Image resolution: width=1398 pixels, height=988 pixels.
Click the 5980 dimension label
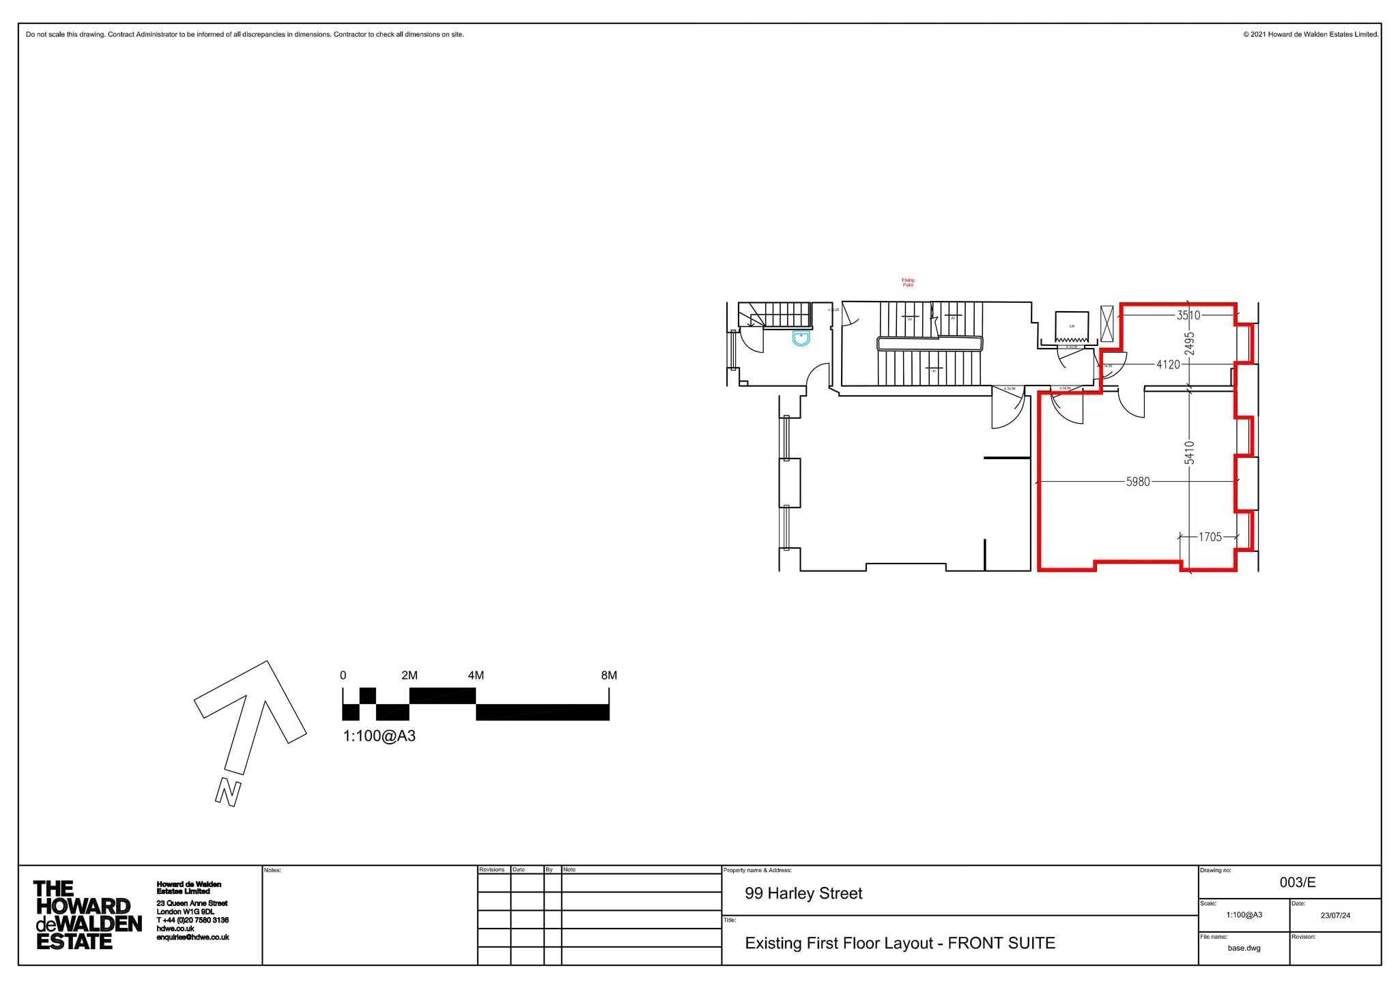pyautogui.click(x=1138, y=482)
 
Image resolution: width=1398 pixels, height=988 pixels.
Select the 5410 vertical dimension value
pyautogui.click(x=1190, y=453)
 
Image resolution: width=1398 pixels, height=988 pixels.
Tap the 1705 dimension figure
pyautogui.click(x=1210, y=537)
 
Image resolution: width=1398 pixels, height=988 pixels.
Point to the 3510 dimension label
pyautogui.click(x=1188, y=315)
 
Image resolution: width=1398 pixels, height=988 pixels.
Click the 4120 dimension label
pyautogui.click(x=1168, y=364)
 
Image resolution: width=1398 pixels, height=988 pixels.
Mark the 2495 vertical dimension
pyautogui.click(x=1190, y=343)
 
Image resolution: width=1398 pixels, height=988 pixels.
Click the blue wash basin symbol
pyautogui.click(x=801, y=338)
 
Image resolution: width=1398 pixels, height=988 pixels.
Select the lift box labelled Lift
pyautogui.click(x=1071, y=325)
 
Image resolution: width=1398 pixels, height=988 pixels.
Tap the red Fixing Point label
pyautogui.click(x=908, y=282)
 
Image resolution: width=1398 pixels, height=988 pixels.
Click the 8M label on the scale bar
pyautogui.click(x=608, y=675)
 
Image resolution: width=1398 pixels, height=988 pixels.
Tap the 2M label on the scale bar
pyautogui.click(x=409, y=675)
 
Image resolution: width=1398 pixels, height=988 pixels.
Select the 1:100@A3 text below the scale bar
pyautogui.click(x=379, y=736)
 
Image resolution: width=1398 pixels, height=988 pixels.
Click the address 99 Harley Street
pyautogui.click(x=803, y=893)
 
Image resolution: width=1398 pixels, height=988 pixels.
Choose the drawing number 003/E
pyautogui.click(x=1297, y=882)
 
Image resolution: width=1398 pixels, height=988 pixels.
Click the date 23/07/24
pyautogui.click(x=1335, y=916)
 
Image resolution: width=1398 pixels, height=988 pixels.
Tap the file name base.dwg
pyautogui.click(x=1244, y=948)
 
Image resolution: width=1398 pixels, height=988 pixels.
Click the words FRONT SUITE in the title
pyautogui.click(x=1001, y=943)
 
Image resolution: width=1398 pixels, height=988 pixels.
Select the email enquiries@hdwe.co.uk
pyautogui.click(x=192, y=938)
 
